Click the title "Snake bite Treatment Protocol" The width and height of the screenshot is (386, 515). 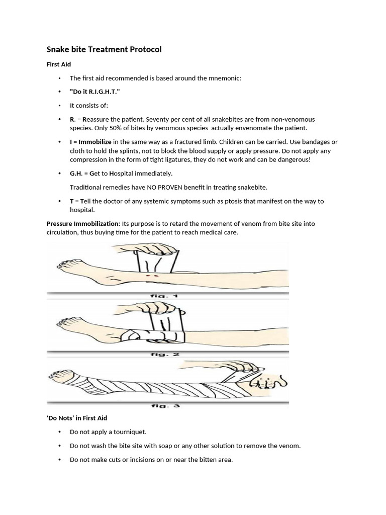click(104, 49)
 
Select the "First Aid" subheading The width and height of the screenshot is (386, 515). click(59, 64)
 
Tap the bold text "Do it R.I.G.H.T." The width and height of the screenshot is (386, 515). click(95, 92)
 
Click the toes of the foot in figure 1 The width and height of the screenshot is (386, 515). click(66, 265)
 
